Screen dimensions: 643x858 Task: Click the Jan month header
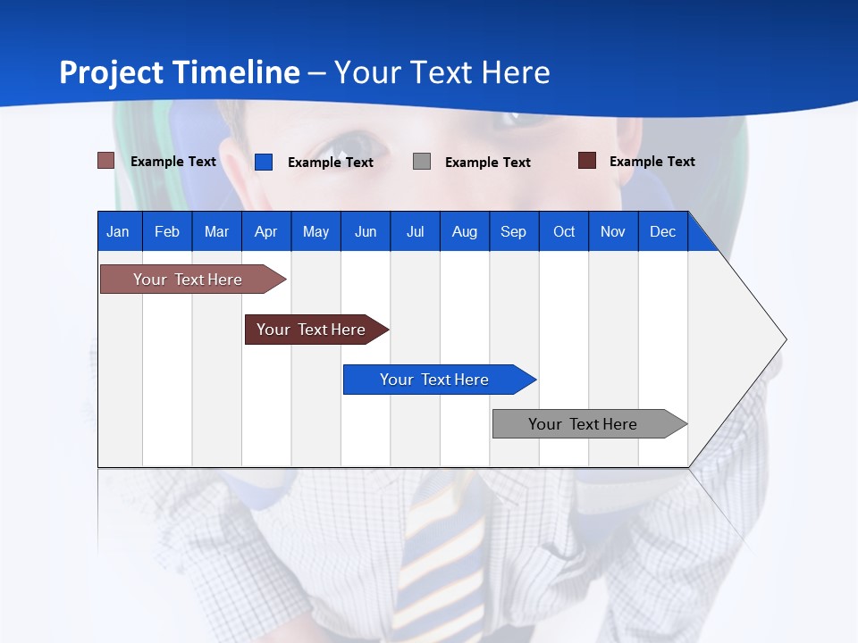119,231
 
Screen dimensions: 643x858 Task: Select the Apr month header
266,231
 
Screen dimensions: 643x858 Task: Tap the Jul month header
415,231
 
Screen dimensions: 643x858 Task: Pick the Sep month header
514,231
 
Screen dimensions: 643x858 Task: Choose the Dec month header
662,231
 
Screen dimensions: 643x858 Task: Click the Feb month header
167,231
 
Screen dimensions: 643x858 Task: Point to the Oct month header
564,231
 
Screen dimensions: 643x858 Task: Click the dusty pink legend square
105,161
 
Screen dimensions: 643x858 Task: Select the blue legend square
264,162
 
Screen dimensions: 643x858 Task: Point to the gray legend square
422,162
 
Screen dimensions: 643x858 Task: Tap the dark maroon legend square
587,161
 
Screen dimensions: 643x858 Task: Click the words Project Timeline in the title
179,72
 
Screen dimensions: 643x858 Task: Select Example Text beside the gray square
487,163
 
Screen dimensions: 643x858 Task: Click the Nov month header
613,231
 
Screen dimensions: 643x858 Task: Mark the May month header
315,231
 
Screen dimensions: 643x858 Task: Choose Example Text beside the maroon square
652,162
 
